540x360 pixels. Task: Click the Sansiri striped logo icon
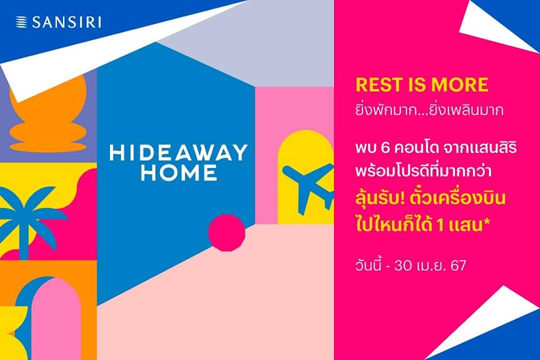point(21,22)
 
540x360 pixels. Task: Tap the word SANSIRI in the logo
point(67,22)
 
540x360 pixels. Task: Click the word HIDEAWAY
point(178,152)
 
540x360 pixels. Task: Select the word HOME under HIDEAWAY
point(179,173)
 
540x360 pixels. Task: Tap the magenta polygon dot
point(227,232)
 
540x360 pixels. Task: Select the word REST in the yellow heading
point(379,85)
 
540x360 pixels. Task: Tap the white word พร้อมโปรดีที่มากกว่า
point(423,171)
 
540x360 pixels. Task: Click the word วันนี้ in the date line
point(368,265)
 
